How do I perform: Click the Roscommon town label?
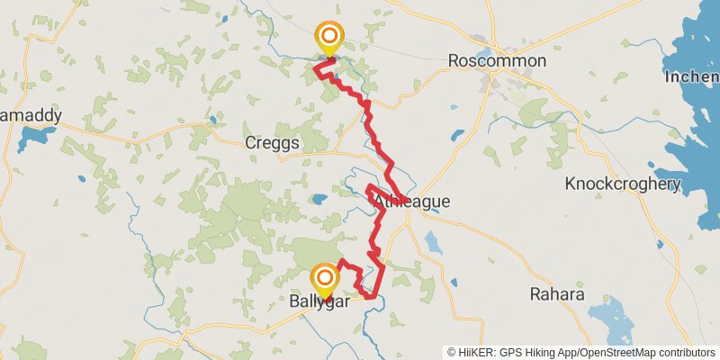[x=498, y=60]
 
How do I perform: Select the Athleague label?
[x=411, y=202]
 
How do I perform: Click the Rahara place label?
[x=556, y=294]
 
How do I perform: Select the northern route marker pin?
[x=329, y=38]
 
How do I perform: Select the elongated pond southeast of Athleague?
[x=431, y=241]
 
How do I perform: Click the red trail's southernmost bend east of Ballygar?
[x=371, y=295]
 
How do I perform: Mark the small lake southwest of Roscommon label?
[x=457, y=137]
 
